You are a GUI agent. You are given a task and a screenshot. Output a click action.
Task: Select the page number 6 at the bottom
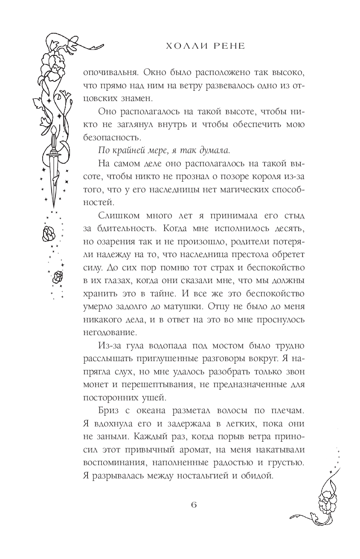(x=194, y=504)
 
